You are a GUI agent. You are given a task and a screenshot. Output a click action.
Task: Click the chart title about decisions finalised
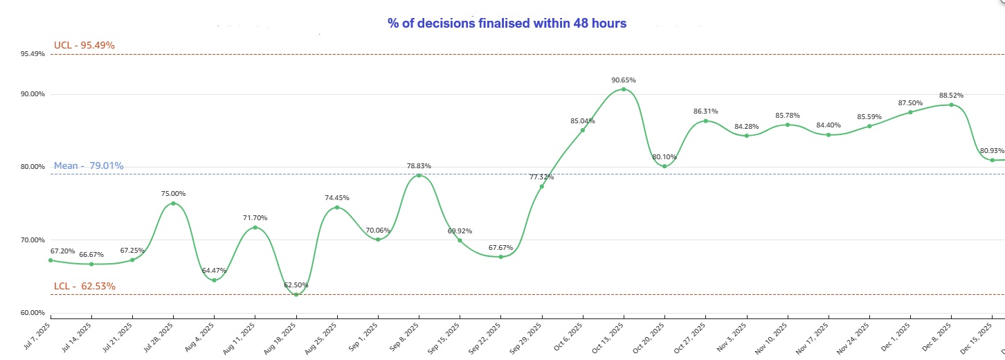[507, 24]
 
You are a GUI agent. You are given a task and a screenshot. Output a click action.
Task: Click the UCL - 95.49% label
[84, 46]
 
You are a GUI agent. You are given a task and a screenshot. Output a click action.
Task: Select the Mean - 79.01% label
[89, 166]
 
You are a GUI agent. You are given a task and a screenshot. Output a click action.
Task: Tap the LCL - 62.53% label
[84, 287]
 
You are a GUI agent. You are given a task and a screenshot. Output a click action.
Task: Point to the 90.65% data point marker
[624, 89]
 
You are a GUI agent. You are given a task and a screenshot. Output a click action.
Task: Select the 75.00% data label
[173, 194]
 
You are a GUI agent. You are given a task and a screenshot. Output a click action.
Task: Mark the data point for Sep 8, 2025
[418, 176]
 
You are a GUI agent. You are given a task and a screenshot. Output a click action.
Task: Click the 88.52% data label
[950, 96]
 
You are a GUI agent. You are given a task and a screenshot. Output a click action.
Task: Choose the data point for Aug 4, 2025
[214, 280]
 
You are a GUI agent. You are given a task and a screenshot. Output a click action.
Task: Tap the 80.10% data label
[664, 157]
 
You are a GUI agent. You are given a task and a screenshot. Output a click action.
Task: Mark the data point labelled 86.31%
[705, 121]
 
